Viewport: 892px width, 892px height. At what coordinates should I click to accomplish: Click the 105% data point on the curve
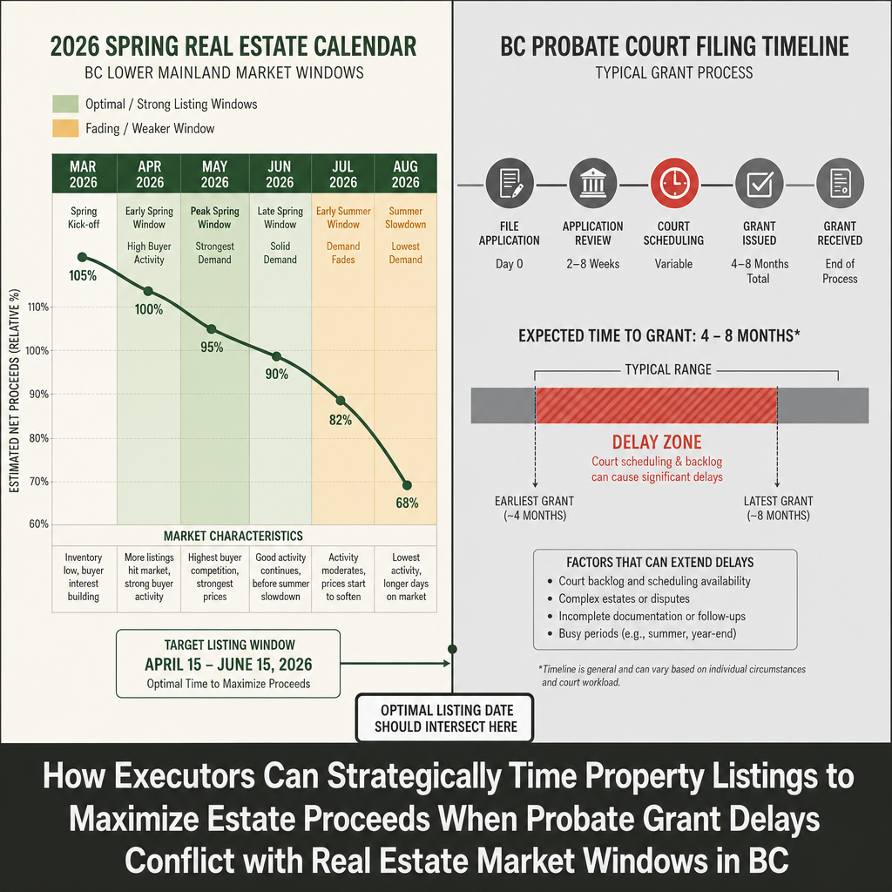pos(82,257)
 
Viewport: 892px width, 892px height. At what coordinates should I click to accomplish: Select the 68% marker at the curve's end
pos(407,485)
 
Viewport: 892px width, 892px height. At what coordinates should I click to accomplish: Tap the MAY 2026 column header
pos(214,174)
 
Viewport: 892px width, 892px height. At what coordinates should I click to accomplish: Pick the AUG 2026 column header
pos(406,174)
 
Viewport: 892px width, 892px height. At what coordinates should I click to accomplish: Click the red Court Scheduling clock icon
pos(674,183)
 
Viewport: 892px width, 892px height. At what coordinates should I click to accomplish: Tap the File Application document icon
pos(509,183)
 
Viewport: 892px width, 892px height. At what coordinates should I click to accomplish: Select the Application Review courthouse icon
pos(592,183)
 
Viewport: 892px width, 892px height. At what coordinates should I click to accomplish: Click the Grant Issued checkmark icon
pos(759,183)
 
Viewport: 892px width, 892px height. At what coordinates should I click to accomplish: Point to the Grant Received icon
pos(840,183)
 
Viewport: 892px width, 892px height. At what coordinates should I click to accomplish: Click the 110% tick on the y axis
pos(38,307)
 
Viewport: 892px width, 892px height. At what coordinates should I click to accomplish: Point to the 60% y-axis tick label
pos(38,524)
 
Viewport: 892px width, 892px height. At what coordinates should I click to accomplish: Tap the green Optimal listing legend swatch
pos(65,105)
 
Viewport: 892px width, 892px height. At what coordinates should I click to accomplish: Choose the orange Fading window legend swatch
pos(65,129)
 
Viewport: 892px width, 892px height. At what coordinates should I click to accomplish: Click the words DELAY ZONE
pos(657,442)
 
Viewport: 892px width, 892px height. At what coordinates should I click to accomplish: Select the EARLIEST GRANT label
pos(534,508)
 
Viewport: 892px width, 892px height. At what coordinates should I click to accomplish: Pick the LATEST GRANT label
pos(778,508)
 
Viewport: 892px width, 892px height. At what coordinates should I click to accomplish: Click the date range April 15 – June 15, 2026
pos(228,665)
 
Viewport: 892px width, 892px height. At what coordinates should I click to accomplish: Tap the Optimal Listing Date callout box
pos(445,718)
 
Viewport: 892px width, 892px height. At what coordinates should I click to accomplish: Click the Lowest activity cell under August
pos(406,577)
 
